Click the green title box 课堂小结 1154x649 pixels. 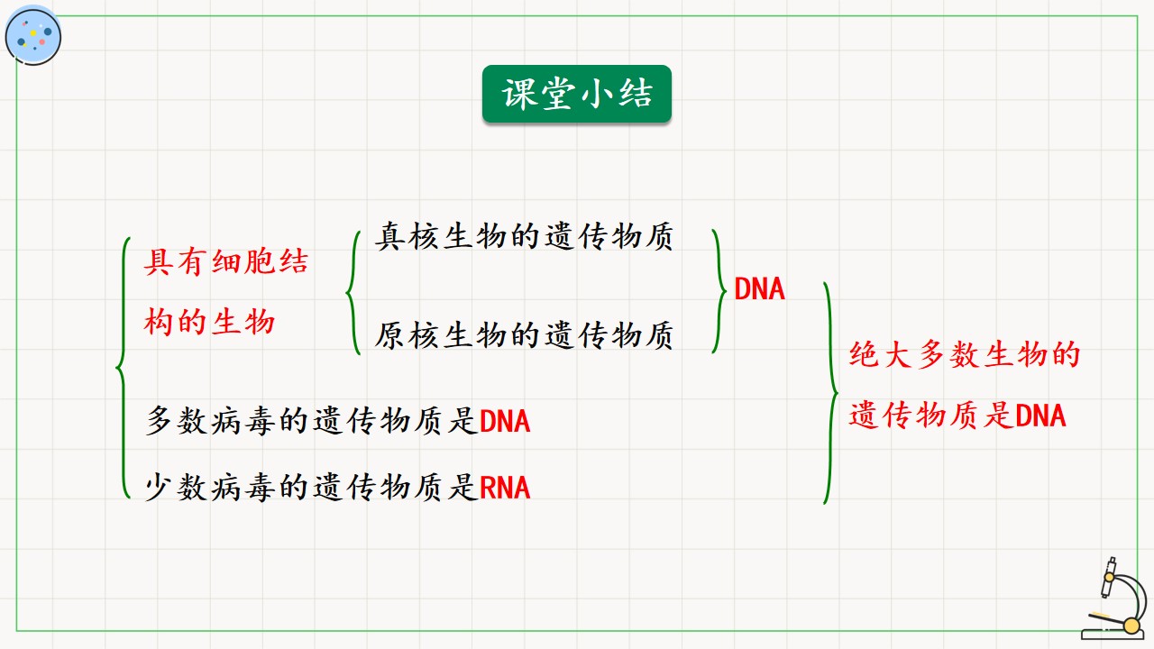pyautogui.click(x=576, y=94)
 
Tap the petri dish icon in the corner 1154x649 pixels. pyautogui.click(x=33, y=36)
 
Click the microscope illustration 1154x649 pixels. pyautogui.click(x=1116, y=599)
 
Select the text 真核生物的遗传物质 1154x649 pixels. pyautogui.click(x=524, y=236)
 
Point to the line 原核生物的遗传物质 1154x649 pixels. pyautogui.click(x=524, y=335)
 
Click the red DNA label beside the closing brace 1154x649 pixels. pyautogui.click(x=759, y=289)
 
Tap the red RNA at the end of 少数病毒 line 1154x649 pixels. pyautogui.click(x=505, y=488)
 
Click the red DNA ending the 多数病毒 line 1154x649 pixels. pyautogui.click(x=505, y=421)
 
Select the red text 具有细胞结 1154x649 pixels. pyautogui.click(x=226, y=261)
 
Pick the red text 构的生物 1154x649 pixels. pyautogui.click(x=209, y=323)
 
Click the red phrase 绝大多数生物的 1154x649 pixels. pyautogui.click(x=965, y=355)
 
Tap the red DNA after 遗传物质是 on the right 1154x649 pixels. pyautogui.click(x=1040, y=416)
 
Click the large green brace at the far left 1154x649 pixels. pyautogui.click(x=123, y=368)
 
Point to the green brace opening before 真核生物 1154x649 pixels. pyautogui.click(x=353, y=293)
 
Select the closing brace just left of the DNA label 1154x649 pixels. pyautogui.click(x=719, y=291)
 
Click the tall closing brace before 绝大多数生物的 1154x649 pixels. pyautogui.click(x=830, y=393)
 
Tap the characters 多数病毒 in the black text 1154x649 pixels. pyautogui.click(x=212, y=421)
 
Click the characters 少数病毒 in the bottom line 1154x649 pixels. pyautogui.click(x=212, y=488)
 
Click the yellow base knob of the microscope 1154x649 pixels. pyautogui.click(x=1131, y=626)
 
